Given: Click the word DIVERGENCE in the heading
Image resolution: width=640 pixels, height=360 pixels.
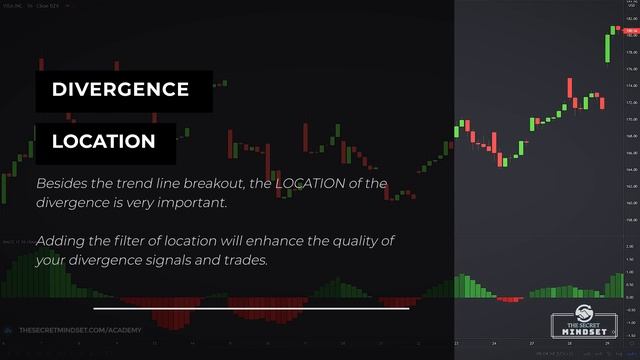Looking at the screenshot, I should pyautogui.click(x=120, y=90).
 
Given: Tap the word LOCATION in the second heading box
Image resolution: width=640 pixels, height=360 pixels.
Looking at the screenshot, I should pyautogui.click(x=104, y=142).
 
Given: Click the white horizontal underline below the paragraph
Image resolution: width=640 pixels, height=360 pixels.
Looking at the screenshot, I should pyautogui.click(x=251, y=308).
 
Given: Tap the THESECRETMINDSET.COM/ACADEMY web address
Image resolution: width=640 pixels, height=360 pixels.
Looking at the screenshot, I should pyautogui.click(x=80, y=329).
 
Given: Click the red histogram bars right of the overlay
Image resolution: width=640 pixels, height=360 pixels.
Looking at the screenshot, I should pyautogui.click(x=510, y=298).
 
